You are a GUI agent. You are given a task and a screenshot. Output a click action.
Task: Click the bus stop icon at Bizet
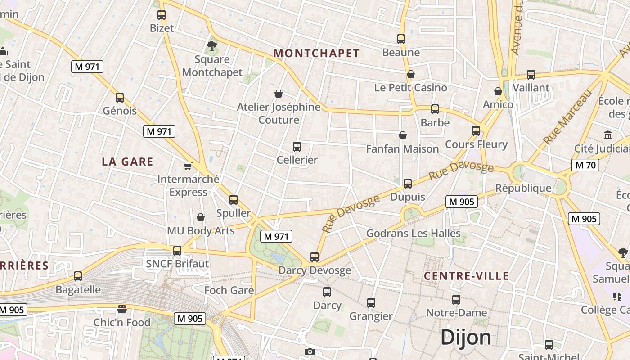(x=162, y=14)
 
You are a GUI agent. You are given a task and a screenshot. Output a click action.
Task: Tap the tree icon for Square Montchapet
(x=212, y=45)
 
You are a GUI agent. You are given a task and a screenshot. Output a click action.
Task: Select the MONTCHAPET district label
(x=317, y=53)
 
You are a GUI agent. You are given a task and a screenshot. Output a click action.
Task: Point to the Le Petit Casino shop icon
(x=411, y=74)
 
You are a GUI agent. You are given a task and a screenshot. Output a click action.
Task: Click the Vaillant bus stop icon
(x=531, y=74)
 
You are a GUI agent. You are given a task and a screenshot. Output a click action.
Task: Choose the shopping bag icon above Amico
(x=498, y=91)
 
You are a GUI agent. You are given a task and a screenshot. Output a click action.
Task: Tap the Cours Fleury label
(x=476, y=144)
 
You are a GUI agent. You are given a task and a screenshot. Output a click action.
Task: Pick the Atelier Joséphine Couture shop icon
(x=279, y=94)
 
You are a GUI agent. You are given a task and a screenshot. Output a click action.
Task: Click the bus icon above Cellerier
(x=297, y=146)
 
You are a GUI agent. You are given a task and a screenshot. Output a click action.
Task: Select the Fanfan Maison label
(x=402, y=148)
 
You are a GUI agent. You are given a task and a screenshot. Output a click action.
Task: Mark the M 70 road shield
(x=585, y=165)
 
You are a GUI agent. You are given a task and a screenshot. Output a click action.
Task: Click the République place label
(x=523, y=188)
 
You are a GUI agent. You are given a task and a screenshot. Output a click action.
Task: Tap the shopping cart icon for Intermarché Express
(x=188, y=166)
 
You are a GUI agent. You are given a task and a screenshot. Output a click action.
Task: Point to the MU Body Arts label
(x=201, y=231)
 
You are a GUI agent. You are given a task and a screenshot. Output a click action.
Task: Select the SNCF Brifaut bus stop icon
(x=177, y=250)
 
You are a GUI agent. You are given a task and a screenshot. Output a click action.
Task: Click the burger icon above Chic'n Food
(x=122, y=309)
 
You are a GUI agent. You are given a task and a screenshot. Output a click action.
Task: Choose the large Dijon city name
(x=466, y=337)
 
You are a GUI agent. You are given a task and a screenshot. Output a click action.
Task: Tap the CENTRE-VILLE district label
(x=467, y=276)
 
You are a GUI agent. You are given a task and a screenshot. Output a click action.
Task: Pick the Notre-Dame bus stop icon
(x=456, y=299)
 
